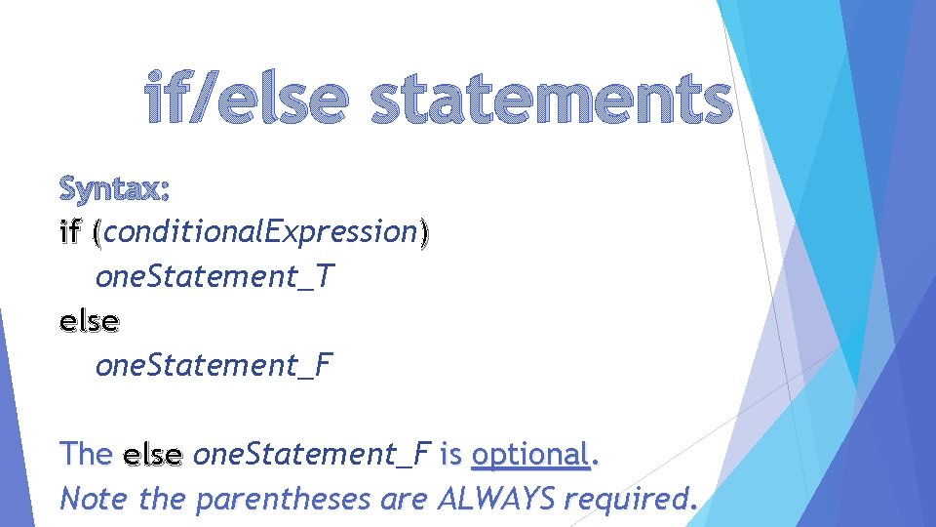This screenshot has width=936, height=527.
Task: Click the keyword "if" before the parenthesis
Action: pos(70,233)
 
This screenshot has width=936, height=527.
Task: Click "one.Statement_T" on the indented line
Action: pos(214,277)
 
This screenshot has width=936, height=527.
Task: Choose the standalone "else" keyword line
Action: pos(90,320)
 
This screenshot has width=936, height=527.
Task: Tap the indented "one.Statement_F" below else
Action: pos(214,366)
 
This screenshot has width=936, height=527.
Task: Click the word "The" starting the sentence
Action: pos(86,454)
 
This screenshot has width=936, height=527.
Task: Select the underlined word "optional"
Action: pos(530,454)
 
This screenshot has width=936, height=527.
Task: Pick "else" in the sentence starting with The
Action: pos(153,454)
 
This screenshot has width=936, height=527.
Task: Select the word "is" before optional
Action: pos(450,454)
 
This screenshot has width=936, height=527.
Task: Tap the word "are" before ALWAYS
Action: pos(402,500)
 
